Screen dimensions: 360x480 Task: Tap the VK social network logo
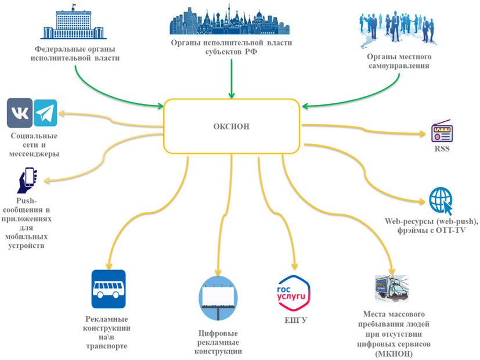[20, 113]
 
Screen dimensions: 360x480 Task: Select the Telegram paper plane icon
[45, 113]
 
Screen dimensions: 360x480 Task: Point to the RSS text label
[442, 149]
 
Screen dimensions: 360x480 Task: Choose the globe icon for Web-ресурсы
[441, 200]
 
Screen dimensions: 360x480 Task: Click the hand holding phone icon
[27, 181]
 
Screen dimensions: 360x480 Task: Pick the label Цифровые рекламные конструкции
[218, 342]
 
